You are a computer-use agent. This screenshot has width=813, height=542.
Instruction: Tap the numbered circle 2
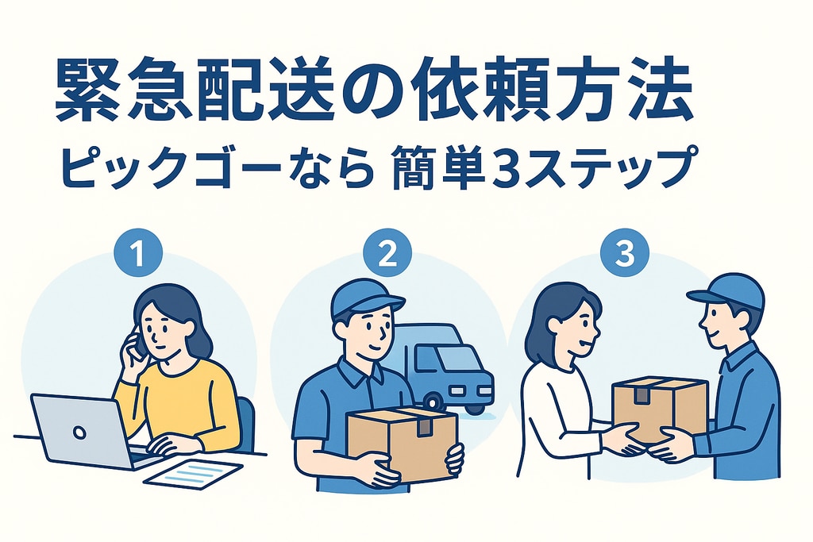click(x=387, y=254)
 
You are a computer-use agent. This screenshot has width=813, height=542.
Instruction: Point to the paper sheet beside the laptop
click(x=193, y=473)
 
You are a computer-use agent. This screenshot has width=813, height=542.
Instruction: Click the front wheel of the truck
click(x=434, y=403)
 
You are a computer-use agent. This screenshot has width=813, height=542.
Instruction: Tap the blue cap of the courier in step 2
click(x=365, y=298)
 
